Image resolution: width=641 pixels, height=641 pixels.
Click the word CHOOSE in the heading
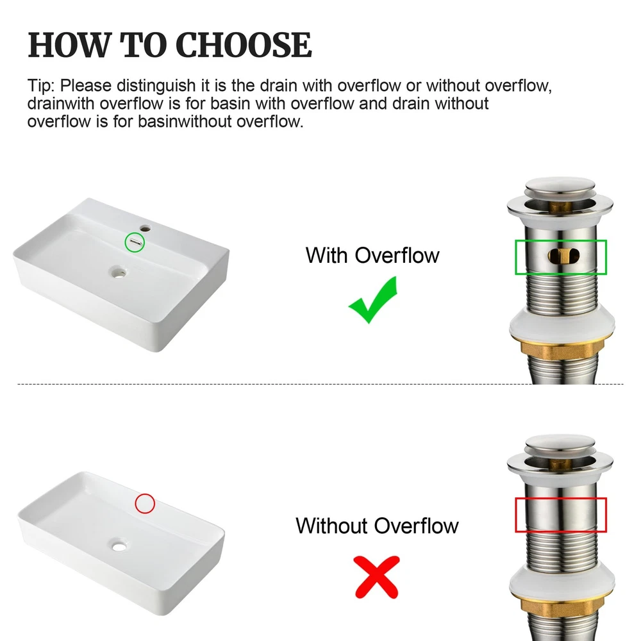[x=244, y=45]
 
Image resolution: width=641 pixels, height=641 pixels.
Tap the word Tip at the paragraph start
[x=40, y=87]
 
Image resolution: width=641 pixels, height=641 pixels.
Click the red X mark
[x=377, y=578]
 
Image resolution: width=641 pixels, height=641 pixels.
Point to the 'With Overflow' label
[x=372, y=256]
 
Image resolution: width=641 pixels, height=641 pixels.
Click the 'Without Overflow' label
[x=377, y=526]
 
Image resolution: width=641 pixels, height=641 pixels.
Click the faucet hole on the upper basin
[x=144, y=228]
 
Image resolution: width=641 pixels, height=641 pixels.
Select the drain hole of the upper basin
[x=119, y=271]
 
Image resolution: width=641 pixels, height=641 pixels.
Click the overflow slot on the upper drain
[x=563, y=256]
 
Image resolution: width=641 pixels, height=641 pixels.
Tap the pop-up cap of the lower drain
[x=560, y=445]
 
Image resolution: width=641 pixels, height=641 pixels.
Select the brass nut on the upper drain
[x=562, y=351]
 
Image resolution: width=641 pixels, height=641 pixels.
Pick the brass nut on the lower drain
[x=562, y=608]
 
